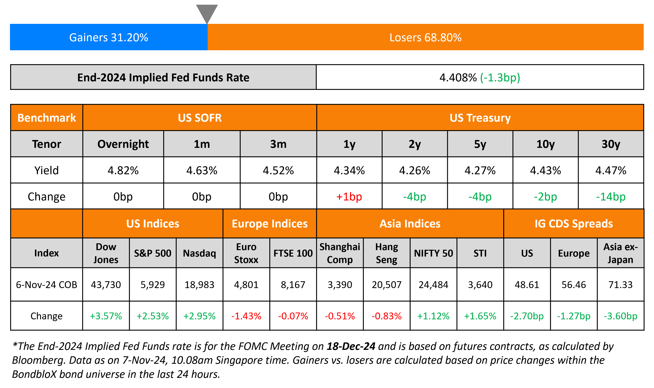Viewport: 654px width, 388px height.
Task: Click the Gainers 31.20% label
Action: (109, 37)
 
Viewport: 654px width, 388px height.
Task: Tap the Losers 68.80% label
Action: (425, 37)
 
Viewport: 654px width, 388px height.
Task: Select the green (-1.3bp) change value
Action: (500, 77)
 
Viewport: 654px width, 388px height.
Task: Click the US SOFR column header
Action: (200, 118)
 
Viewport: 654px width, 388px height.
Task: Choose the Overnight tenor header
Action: (123, 144)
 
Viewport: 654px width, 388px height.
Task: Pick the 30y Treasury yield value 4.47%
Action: (611, 171)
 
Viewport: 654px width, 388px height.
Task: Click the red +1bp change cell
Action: (349, 197)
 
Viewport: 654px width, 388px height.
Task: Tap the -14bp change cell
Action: (611, 197)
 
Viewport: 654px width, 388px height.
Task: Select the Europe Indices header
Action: (270, 224)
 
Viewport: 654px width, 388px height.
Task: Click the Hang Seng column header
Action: (386, 253)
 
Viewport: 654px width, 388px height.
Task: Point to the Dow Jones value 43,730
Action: (106, 285)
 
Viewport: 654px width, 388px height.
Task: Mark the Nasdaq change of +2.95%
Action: (199, 316)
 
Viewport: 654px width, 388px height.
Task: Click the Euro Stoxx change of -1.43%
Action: (246, 316)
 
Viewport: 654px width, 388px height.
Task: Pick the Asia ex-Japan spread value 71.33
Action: (620, 285)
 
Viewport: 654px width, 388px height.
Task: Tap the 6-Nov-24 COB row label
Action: (46, 285)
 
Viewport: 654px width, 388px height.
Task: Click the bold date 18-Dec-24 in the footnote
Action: (351, 346)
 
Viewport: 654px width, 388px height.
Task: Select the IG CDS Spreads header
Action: (574, 224)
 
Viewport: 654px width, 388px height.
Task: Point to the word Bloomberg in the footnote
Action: (38, 360)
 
